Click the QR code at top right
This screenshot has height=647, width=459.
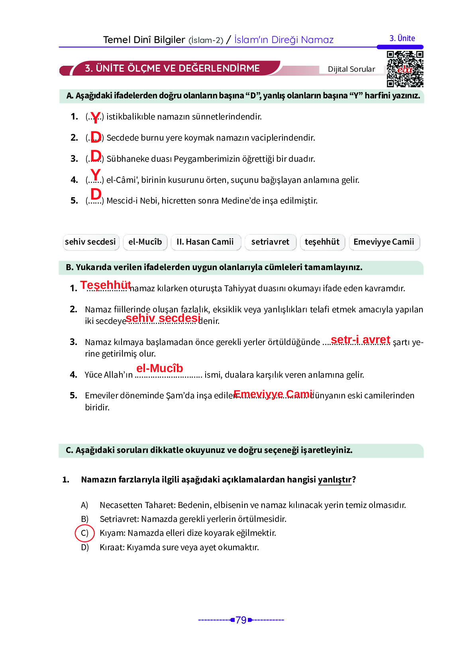(x=405, y=69)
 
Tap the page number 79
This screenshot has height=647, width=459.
(x=241, y=620)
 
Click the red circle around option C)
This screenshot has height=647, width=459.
(x=84, y=533)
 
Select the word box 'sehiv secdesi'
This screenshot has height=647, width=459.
(x=90, y=242)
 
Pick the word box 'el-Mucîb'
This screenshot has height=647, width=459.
(x=145, y=242)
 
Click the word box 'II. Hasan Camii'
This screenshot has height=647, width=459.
(x=205, y=242)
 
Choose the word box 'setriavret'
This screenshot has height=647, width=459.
(x=270, y=242)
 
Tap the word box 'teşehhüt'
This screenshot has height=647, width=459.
(x=322, y=242)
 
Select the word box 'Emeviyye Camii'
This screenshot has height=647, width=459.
(x=384, y=242)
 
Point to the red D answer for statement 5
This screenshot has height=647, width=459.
(x=96, y=194)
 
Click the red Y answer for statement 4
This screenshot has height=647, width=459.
(x=95, y=174)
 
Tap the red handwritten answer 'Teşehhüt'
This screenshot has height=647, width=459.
(x=106, y=285)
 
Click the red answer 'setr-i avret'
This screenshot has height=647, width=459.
(x=360, y=339)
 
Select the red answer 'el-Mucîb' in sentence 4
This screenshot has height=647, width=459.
(x=159, y=368)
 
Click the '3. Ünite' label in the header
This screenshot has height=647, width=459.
(x=402, y=38)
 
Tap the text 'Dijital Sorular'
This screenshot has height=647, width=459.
(x=351, y=69)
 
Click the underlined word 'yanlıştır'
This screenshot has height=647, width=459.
(x=334, y=479)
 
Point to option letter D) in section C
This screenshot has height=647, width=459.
(x=84, y=547)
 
